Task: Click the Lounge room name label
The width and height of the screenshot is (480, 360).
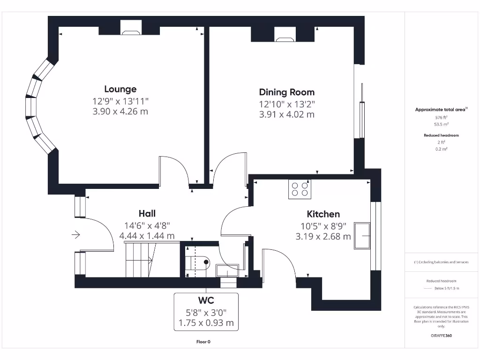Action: pos(120,89)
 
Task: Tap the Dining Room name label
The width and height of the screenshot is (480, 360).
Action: pos(287,92)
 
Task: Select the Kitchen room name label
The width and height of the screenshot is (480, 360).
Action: pos(323,214)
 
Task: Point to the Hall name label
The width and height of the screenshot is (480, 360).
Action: pos(147,214)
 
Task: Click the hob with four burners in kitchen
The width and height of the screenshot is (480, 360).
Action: pos(300,189)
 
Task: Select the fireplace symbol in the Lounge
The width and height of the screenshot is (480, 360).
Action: pos(130,28)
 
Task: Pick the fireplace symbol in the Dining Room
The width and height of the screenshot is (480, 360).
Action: pos(284,34)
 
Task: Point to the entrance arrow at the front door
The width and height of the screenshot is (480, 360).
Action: pos(76,234)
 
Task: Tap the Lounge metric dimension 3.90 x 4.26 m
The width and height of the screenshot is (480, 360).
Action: pos(120,112)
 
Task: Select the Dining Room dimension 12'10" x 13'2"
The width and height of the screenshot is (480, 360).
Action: pos(287,104)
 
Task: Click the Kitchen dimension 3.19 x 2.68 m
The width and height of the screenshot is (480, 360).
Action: pos(323,237)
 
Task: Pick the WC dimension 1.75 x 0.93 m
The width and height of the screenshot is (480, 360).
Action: pos(206,322)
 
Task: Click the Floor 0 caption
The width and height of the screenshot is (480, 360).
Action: pos(203,342)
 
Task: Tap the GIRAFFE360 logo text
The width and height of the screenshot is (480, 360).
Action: pos(441,336)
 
